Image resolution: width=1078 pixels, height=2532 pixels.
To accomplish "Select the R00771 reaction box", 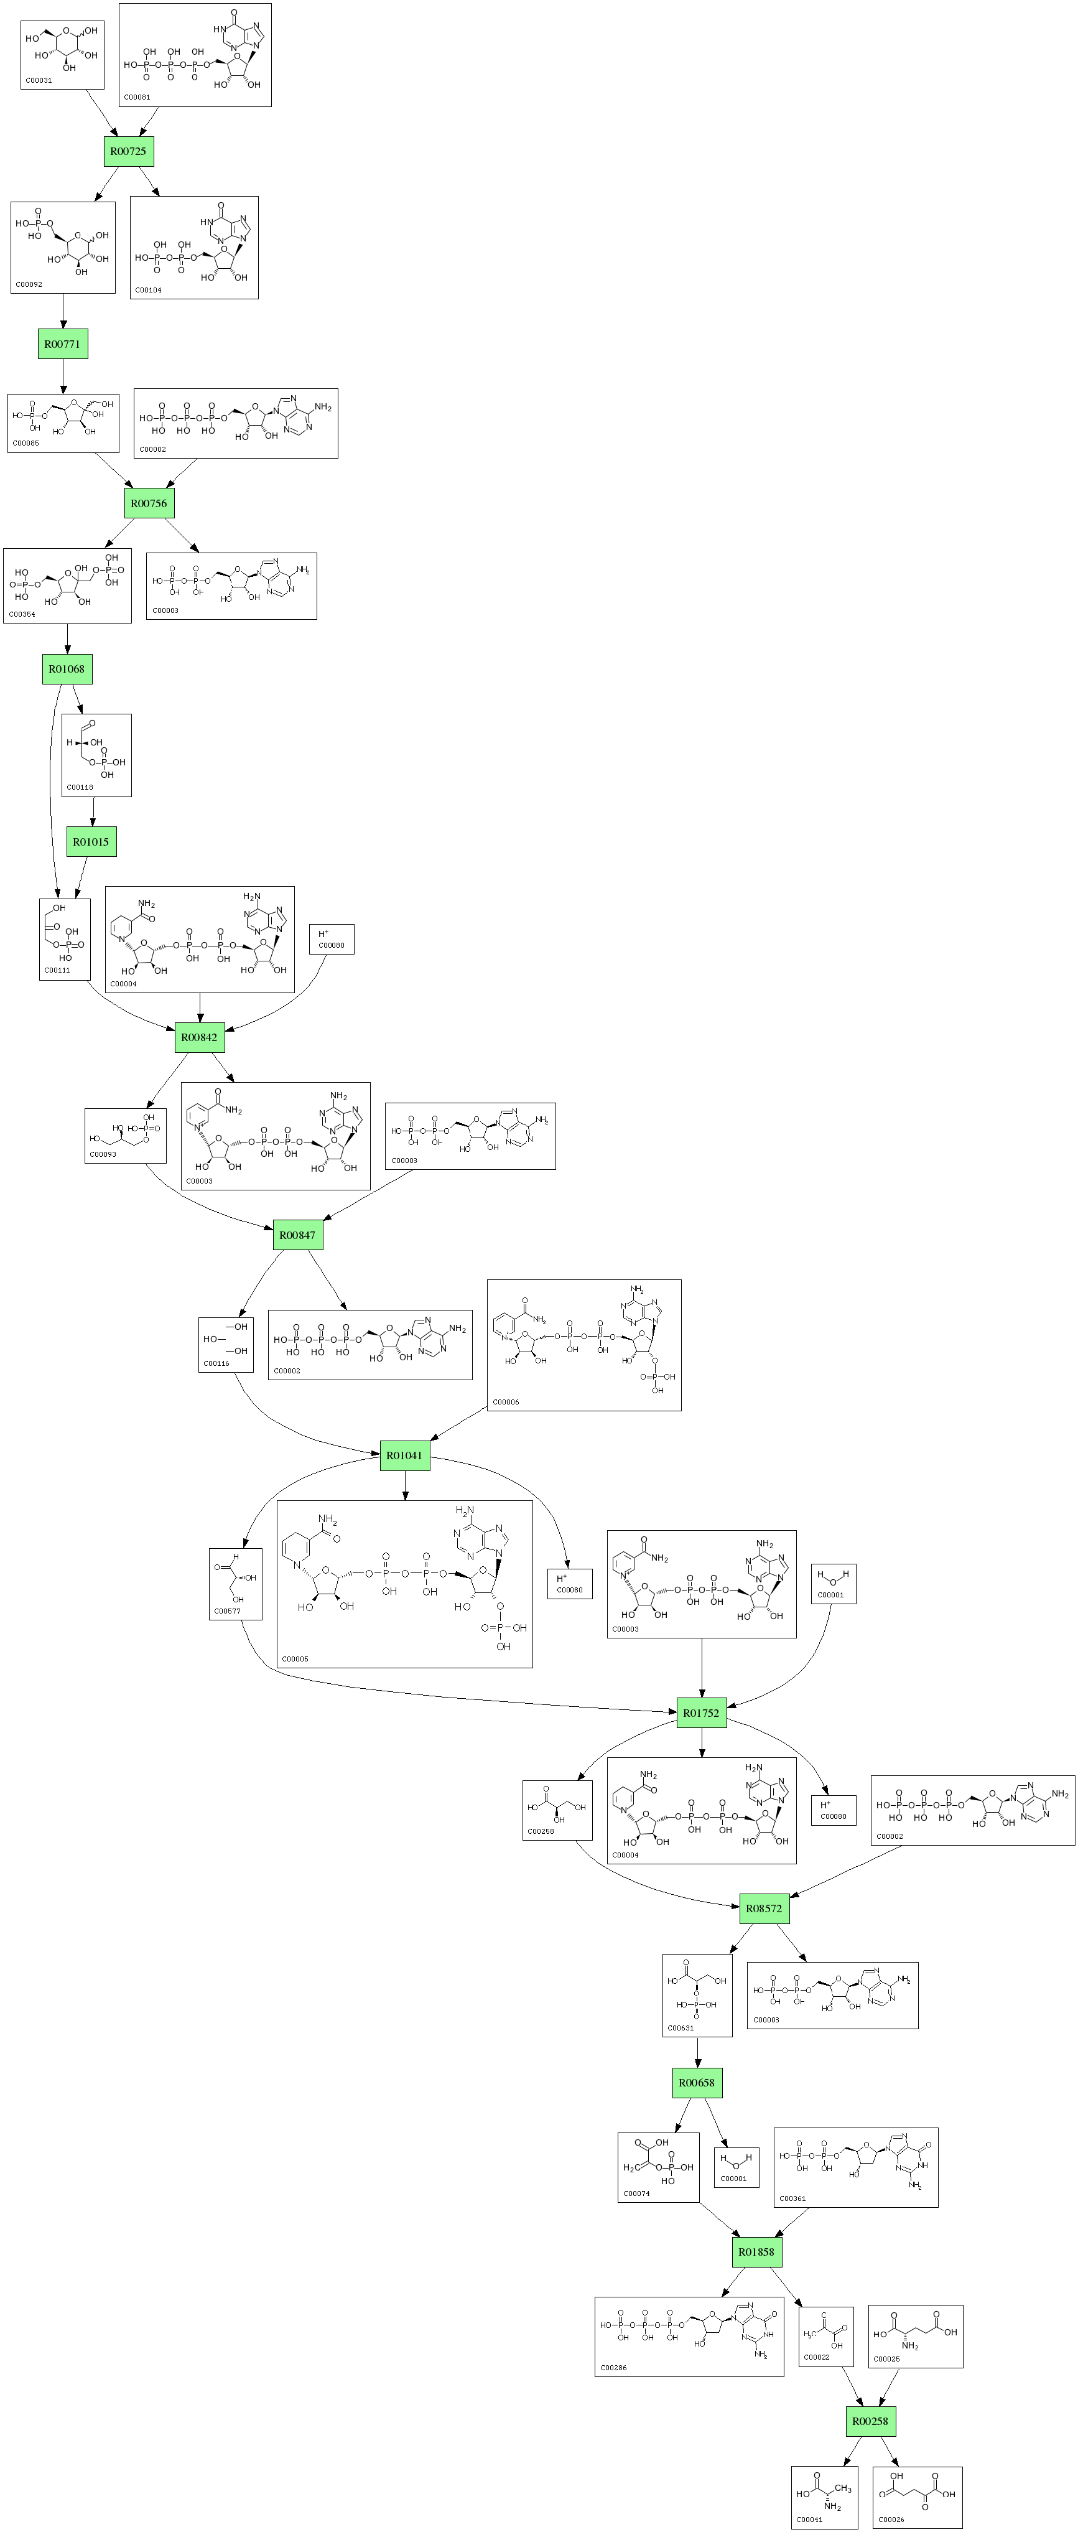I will point(62,344).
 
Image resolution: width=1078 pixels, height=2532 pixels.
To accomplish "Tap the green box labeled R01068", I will point(67,670).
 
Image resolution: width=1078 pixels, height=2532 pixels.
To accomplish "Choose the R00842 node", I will point(200,1037).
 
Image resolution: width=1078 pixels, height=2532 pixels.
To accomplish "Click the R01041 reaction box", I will point(404,1455).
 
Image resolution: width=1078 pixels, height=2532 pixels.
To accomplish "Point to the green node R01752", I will point(700,1713).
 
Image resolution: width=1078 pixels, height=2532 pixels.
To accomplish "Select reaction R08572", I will point(763,1909).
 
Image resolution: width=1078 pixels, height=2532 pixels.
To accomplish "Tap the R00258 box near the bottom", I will point(870,2421).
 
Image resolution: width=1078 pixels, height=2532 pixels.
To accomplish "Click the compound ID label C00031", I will point(39,81).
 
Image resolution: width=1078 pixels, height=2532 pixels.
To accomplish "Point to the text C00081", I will point(137,97).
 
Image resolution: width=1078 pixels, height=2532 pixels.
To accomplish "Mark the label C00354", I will point(22,614).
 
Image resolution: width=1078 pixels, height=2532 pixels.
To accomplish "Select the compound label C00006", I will point(506,1401).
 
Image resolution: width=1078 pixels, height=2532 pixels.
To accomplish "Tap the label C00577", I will point(227,1611).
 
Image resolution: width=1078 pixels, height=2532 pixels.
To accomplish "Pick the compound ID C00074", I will point(637,2194).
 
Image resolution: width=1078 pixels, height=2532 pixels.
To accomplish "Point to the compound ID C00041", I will point(811,2519).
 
